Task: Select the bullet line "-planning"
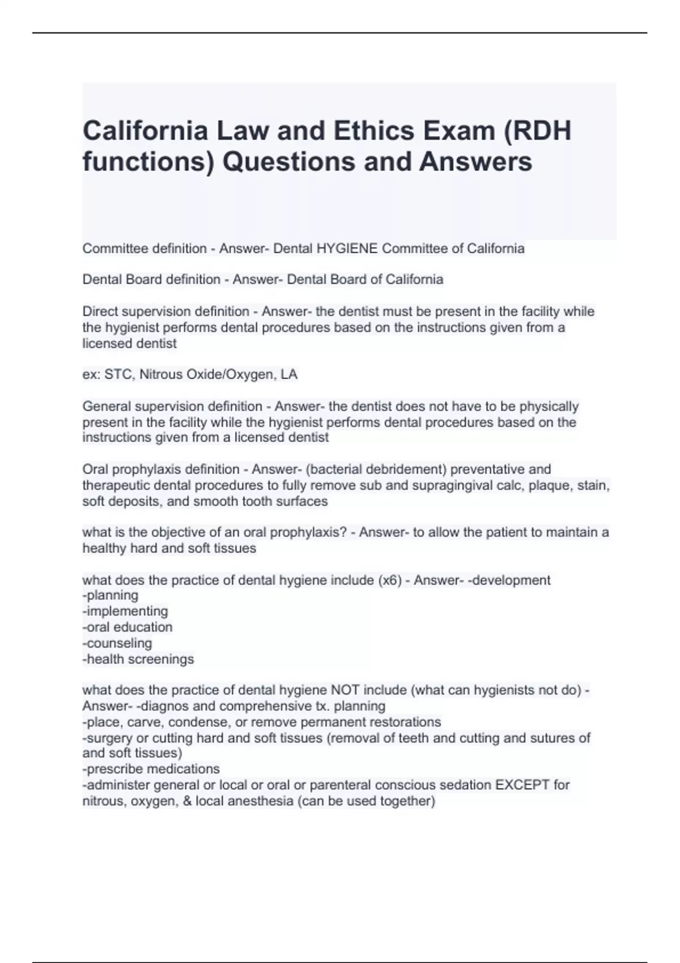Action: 110,595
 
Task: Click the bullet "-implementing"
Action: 125,611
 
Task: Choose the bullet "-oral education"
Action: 127,627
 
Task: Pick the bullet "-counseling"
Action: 117,643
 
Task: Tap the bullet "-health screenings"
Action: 138,659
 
